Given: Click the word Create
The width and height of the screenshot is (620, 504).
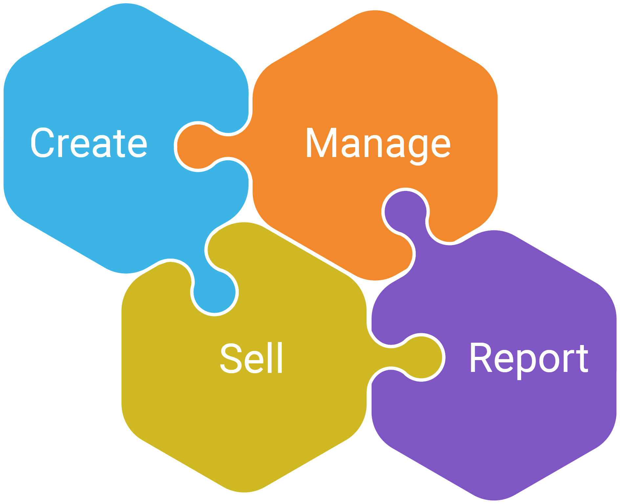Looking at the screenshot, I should pos(89,143).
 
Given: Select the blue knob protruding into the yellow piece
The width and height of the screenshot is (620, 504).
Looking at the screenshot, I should pos(214,292).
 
